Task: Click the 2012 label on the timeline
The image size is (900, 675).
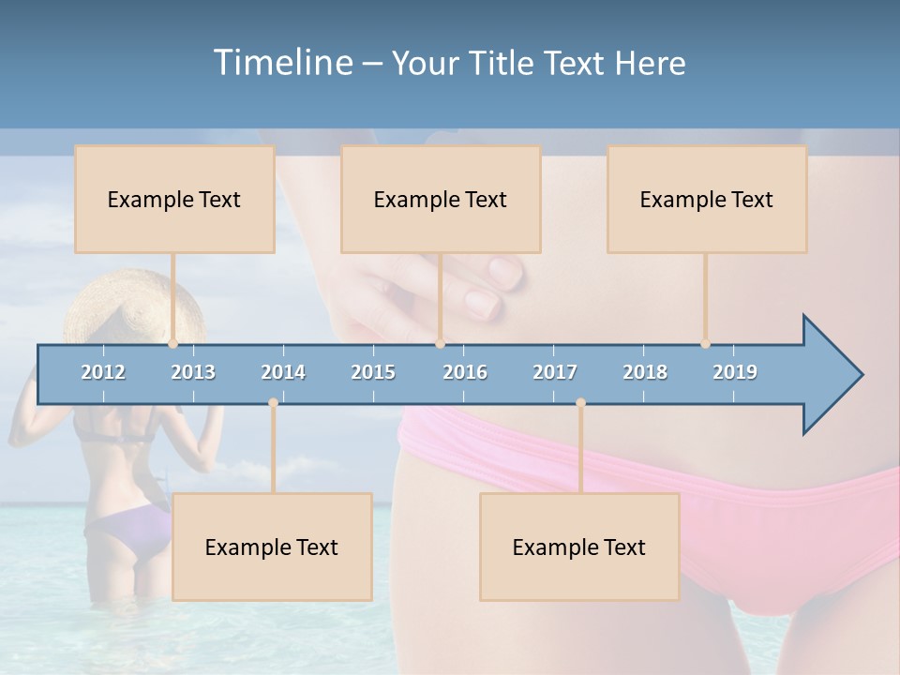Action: click(x=103, y=372)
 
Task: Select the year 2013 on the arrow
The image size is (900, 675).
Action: click(x=193, y=372)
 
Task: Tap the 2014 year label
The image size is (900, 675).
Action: click(x=283, y=372)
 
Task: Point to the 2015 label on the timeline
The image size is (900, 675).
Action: click(x=373, y=372)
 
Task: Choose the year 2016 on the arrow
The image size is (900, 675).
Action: click(x=465, y=372)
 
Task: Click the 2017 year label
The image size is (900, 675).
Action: click(x=555, y=372)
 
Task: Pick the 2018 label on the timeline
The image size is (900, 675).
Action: click(x=645, y=372)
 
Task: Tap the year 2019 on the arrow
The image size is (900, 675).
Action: click(x=735, y=372)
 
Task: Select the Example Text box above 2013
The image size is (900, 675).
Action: click(x=174, y=199)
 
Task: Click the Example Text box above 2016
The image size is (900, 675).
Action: click(x=441, y=199)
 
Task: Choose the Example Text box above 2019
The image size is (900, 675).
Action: click(x=707, y=199)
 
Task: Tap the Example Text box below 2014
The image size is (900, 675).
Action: click(x=272, y=547)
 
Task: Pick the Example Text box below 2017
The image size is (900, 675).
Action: click(x=579, y=547)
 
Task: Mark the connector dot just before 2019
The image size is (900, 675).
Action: click(x=705, y=343)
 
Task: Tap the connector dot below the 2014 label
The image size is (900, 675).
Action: click(x=273, y=403)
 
